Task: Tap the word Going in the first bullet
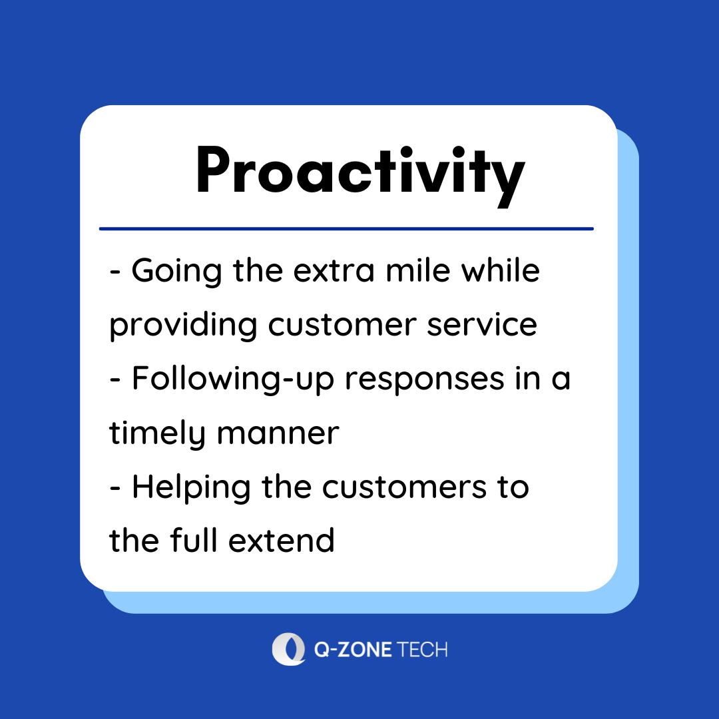click(177, 272)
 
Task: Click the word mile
click(417, 270)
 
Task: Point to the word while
click(500, 270)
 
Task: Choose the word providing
click(183, 326)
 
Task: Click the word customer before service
click(342, 325)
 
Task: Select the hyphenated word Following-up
click(233, 379)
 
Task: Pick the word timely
click(157, 434)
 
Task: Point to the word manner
click(278, 434)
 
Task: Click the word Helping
click(191, 488)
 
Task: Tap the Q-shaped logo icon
click(289, 649)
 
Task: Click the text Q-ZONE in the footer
click(353, 650)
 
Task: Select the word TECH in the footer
click(421, 650)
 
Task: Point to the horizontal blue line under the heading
click(346, 228)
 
